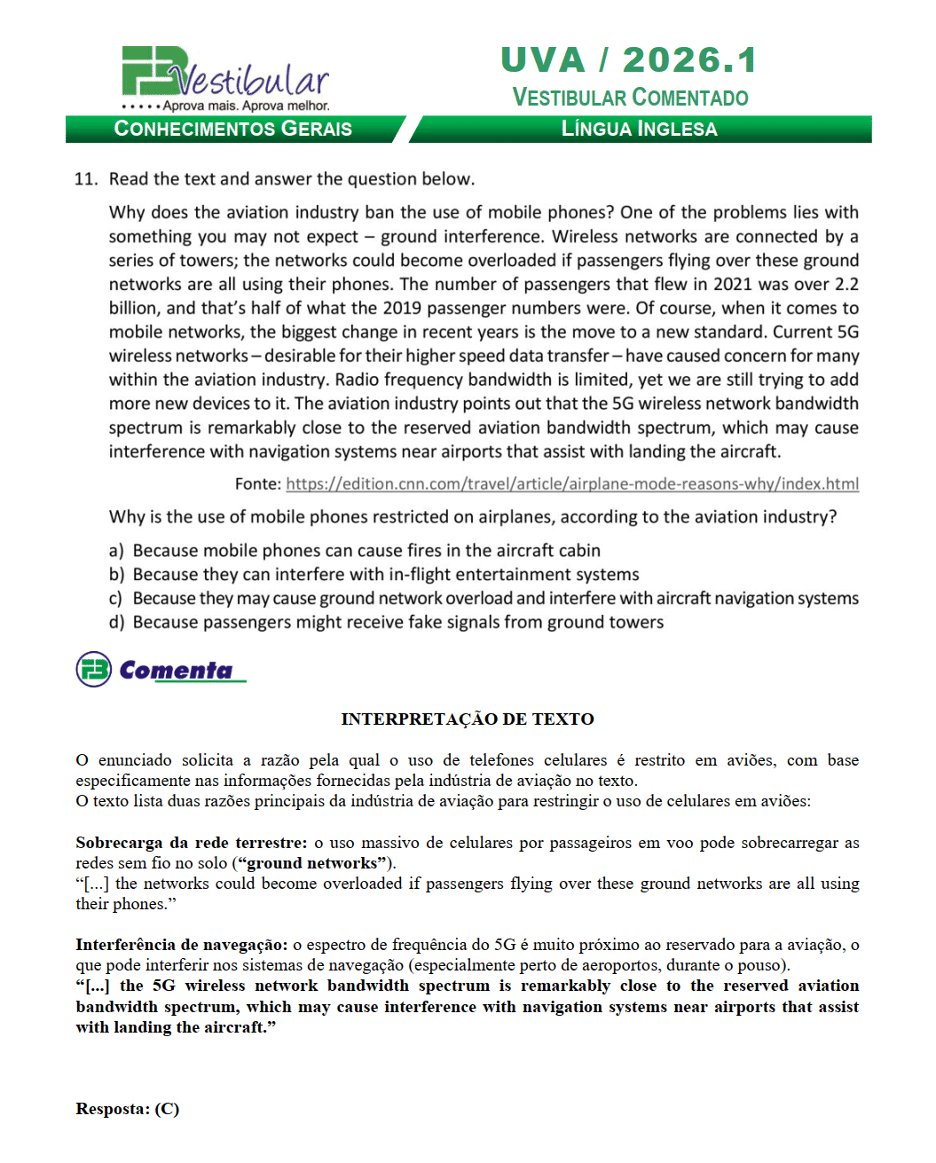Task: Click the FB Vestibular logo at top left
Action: pos(224,78)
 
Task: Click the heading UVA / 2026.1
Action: pos(628,60)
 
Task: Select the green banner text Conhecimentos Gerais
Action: pos(232,130)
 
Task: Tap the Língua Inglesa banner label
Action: pos(639,130)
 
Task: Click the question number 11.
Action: pos(86,179)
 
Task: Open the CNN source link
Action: pos(572,484)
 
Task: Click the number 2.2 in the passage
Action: pos(846,285)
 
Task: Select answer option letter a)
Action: pos(116,551)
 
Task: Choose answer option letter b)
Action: pos(116,575)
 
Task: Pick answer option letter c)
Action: pos(116,599)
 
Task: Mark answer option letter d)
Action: pos(116,623)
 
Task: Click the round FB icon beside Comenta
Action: pos(93,670)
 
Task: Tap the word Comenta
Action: pos(176,671)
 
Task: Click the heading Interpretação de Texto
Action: pos(468,719)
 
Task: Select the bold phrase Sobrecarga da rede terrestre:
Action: pos(191,843)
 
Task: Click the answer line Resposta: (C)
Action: pos(127,1109)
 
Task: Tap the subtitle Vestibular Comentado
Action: pos(630,98)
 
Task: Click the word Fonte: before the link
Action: pos(257,484)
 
